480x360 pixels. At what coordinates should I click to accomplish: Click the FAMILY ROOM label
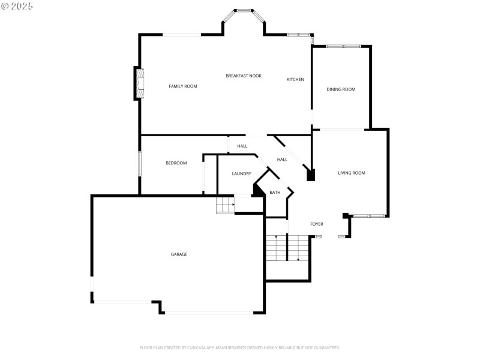[x=183, y=86]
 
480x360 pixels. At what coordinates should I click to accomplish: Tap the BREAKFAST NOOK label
[x=244, y=76]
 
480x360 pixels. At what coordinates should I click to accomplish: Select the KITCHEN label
[x=295, y=79]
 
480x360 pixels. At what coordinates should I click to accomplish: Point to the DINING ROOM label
[x=341, y=89]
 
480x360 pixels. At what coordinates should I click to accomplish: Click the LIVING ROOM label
[x=352, y=173]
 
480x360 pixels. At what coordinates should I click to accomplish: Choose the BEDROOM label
[x=176, y=163]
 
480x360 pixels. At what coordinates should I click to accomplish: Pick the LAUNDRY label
[x=241, y=174]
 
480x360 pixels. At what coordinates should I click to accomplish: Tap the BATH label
[x=275, y=193]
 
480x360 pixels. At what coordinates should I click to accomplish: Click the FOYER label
[x=316, y=224]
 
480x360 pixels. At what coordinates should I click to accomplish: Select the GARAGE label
[x=179, y=254]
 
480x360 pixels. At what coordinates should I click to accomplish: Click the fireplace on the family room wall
[x=139, y=84]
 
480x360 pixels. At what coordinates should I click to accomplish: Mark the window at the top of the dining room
[x=343, y=46]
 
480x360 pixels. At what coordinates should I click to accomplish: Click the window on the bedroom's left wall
[x=140, y=164]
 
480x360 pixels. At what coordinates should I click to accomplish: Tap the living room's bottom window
[x=369, y=215]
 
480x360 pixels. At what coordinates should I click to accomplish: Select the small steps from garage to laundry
[x=225, y=205]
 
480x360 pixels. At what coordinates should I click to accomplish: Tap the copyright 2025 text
[x=17, y=5]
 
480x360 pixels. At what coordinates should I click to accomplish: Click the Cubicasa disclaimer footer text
[x=240, y=347]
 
